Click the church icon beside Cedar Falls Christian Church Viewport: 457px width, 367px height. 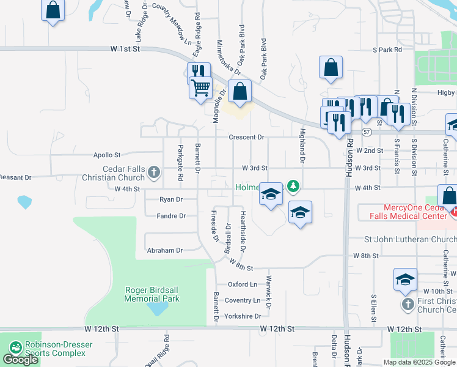153,173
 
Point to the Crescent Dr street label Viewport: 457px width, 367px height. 246,138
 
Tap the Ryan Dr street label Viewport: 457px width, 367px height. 171,199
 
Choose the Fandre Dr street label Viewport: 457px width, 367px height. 170,216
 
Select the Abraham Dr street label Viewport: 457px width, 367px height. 165,250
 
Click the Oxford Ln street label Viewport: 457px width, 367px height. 243,284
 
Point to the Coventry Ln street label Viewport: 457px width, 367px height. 243,300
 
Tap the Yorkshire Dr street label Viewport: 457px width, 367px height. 243,316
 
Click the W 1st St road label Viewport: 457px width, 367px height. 126,48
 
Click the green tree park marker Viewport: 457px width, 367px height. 293,185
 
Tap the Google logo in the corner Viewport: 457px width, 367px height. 20,360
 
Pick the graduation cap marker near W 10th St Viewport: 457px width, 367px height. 406,278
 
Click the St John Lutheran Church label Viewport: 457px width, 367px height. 409,239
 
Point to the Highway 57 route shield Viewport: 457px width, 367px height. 366,132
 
